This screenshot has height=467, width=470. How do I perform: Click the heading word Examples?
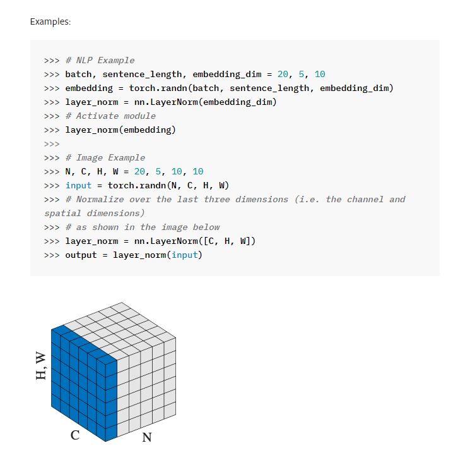(50, 22)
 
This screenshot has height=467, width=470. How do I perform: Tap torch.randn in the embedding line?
(156, 88)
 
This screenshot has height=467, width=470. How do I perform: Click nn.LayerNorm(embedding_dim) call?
(206, 102)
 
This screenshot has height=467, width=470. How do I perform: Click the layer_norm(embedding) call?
(120, 130)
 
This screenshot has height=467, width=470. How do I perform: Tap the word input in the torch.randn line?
(79, 186)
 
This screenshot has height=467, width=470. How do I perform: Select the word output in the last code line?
(81, 255)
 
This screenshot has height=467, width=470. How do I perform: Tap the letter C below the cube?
(75, 435)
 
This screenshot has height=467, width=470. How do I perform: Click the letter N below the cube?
(147, 437)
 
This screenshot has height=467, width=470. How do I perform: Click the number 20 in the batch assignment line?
(283, 75)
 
